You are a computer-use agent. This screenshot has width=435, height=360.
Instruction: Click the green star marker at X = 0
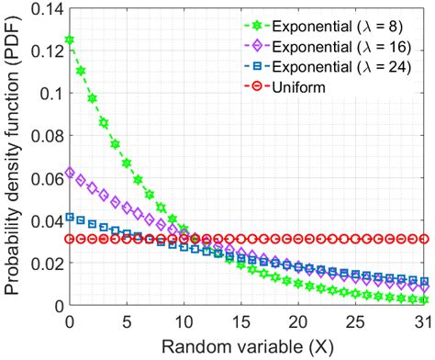click(70, 40)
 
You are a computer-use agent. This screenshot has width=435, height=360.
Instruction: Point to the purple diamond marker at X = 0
click(70, 173)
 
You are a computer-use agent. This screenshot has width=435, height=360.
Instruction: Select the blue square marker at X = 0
click(70, 217)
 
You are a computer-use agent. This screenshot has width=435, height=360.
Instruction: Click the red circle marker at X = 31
click(423, 239)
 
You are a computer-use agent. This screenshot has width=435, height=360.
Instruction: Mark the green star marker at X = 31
click(423, 299)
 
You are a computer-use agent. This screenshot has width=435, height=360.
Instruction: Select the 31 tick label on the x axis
click(423, 321)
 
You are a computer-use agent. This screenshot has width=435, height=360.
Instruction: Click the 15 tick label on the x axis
click(240, 321)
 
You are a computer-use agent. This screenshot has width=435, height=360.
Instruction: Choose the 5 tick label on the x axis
click(127, 321)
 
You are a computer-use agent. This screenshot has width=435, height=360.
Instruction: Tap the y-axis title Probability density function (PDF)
click(13, 156)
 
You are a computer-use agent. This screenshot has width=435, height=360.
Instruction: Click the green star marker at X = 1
click(81, 71)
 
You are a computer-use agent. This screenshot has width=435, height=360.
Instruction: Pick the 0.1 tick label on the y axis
click(50, 94)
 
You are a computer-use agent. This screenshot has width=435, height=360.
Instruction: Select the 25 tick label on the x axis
click(354, 321)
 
